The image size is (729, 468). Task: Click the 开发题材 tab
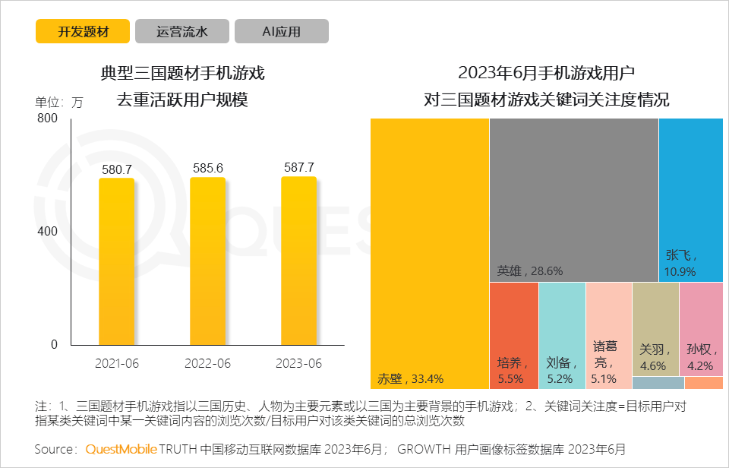pos(83,31)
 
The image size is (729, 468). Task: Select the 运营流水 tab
pos(182,31)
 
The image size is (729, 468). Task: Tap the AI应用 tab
pos(282,31)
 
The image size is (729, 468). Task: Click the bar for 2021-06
pos(116,262)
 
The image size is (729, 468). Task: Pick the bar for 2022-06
pos(207,262)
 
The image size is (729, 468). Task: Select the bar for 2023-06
pos(298,262)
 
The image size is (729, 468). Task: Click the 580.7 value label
pos(117,169)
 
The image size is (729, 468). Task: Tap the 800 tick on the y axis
pos(47,119)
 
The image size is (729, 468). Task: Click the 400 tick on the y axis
pos(47,231)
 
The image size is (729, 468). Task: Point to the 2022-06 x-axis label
pos(207,364)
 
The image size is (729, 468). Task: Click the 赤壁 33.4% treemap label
pos(410,378)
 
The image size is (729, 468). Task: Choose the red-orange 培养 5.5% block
pos(513,335)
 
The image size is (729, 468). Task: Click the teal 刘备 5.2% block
pos(562,335)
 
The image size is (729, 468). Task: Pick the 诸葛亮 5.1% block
pos(609,335)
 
